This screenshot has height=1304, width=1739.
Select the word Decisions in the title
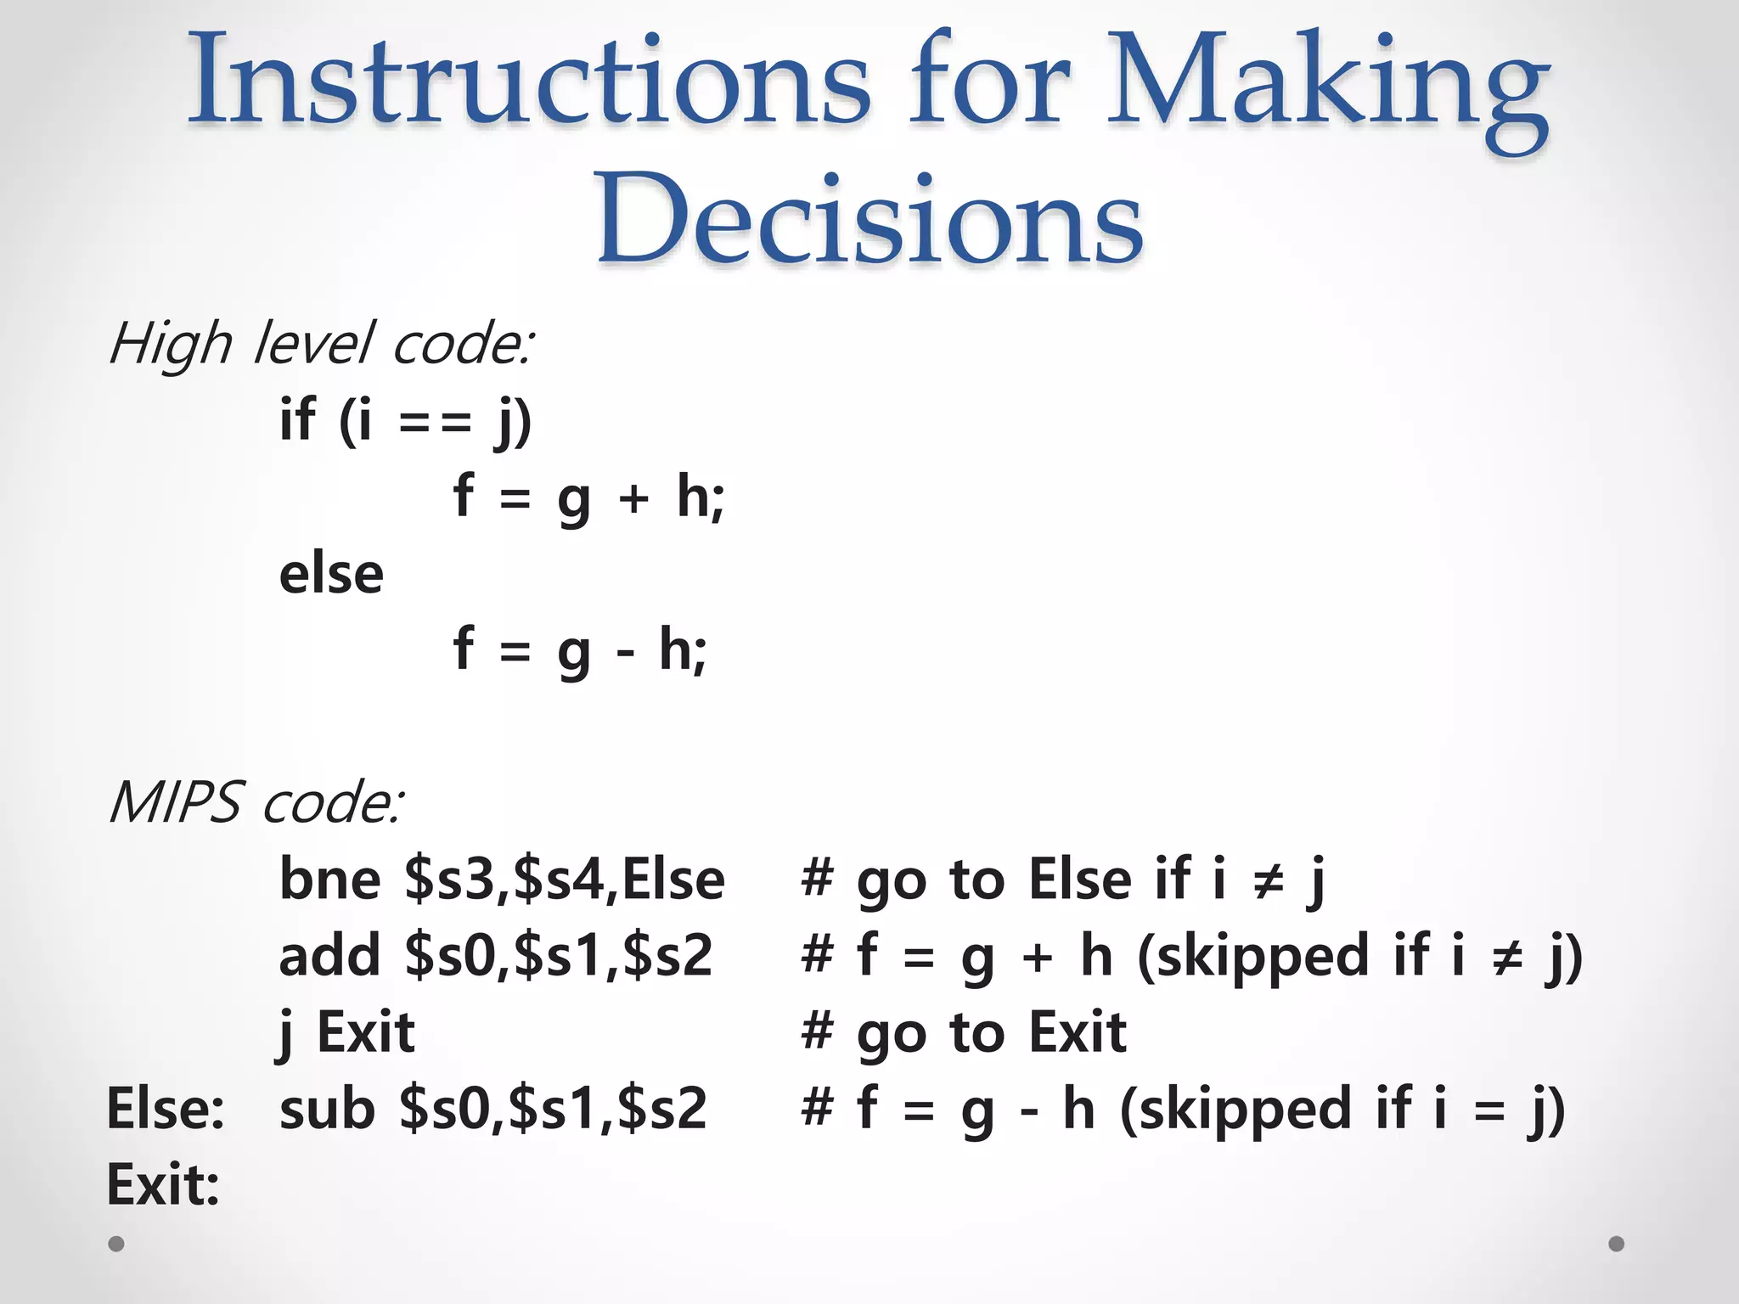869,218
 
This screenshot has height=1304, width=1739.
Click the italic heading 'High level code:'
321,345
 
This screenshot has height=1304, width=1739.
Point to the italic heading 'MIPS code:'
256,802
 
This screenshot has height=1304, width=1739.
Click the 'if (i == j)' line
405,420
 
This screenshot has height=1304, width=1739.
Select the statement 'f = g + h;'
589,497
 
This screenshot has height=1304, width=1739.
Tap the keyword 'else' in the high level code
331,574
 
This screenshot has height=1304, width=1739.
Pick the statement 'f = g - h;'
580,650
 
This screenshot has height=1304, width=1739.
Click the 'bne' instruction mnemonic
329,879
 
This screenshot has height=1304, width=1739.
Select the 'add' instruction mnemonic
329,955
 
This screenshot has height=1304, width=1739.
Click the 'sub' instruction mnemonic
327,1109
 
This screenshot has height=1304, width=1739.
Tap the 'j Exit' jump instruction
346,1033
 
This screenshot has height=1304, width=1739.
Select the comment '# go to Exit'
964,1033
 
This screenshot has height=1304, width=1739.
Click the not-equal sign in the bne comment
1269,880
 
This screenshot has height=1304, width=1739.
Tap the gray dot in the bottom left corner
116,1244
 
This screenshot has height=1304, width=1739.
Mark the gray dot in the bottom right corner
1617,1244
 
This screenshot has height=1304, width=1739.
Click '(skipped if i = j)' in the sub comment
1342,1109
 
